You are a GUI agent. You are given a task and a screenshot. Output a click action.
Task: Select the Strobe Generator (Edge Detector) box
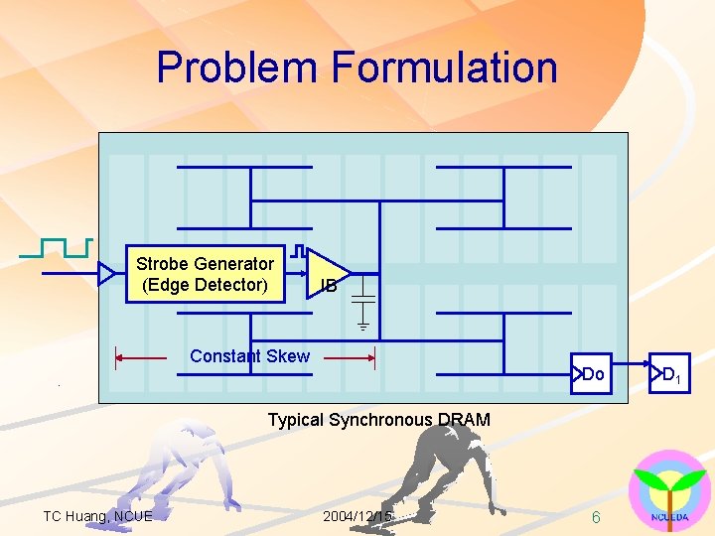coord(205,274)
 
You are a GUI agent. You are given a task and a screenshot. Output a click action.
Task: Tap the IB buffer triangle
coord(324,272)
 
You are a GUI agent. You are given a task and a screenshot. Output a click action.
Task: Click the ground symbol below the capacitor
coord(363,324)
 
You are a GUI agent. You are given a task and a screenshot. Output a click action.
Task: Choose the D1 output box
coord(669,374)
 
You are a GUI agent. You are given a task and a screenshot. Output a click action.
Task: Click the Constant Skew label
coord(249,356)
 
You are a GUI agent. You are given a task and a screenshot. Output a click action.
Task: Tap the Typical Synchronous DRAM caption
coord(378,420)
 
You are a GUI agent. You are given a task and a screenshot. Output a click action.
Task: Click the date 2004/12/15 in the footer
coord(357,516)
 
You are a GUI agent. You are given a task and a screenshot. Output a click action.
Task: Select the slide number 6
coord(595,517)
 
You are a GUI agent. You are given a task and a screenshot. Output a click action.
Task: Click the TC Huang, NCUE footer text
coord(97,516)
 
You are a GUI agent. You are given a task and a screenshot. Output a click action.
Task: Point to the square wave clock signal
coord(56,247)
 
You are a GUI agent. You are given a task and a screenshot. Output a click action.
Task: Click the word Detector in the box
coord(233,285)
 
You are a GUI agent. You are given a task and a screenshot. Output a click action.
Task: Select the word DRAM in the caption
coord(468,420)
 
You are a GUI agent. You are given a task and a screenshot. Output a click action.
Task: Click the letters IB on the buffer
coord(328,287)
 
